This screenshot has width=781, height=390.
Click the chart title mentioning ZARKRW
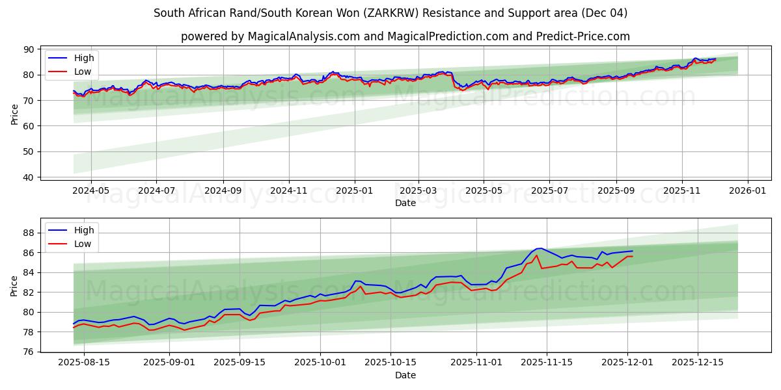(390, 13)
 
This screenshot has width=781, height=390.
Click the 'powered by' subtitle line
(405, 36)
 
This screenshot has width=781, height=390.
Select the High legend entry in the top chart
(83, 58)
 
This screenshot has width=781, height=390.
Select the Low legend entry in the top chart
(83, 71)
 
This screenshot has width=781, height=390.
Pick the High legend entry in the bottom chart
(83, 230)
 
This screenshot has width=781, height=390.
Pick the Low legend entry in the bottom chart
(83, 244)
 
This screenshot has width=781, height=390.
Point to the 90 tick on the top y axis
(28, 49)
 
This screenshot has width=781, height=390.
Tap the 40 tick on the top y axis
(28, 177)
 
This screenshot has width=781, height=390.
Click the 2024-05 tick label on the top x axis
(90, 190)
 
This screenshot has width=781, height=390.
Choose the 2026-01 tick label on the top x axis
(747, 190)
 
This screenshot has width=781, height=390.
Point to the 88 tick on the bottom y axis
(28, 233)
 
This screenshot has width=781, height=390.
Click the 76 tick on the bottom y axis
(28, 352)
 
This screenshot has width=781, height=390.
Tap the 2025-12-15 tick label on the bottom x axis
(697, 363)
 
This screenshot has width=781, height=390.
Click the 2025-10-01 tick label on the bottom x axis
(320, 363)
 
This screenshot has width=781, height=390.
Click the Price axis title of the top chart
(14, 113)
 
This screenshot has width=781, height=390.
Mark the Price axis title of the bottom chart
(14, 285)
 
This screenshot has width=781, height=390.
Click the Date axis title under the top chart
(405, 203)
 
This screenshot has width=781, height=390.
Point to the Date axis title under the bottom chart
(405, 375)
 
